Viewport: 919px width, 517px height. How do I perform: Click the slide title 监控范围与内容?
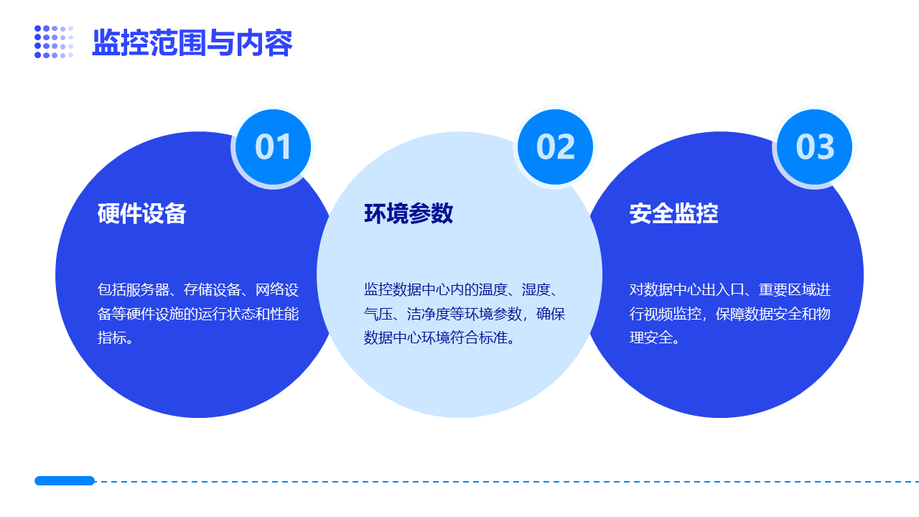pos(192,42)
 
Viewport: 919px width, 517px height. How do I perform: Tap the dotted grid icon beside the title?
pos(54,42)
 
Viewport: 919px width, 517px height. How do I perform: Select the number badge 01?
pos(273,147)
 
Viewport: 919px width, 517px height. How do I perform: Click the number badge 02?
pos(555,147)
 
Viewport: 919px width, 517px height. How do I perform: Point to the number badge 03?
pos(814,147)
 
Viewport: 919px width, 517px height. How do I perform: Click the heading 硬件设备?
pos(141,213)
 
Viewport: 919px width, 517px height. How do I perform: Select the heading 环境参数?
pos(409,213)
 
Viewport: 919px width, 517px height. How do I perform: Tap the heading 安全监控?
pos(673,213)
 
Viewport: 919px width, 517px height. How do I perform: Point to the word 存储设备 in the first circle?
pos(212,289)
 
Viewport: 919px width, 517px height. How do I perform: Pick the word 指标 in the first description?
pos(111,337)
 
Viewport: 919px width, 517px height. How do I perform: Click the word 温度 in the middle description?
pos(493,289)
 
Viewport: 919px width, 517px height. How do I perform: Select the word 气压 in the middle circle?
pos(378,314)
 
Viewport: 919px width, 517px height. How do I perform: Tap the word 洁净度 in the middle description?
pos(429,314)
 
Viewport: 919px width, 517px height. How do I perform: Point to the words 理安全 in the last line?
pos(651,337)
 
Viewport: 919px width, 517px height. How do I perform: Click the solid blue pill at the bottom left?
pos(65,480)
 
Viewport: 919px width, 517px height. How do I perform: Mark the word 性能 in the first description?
pos(284,314)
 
